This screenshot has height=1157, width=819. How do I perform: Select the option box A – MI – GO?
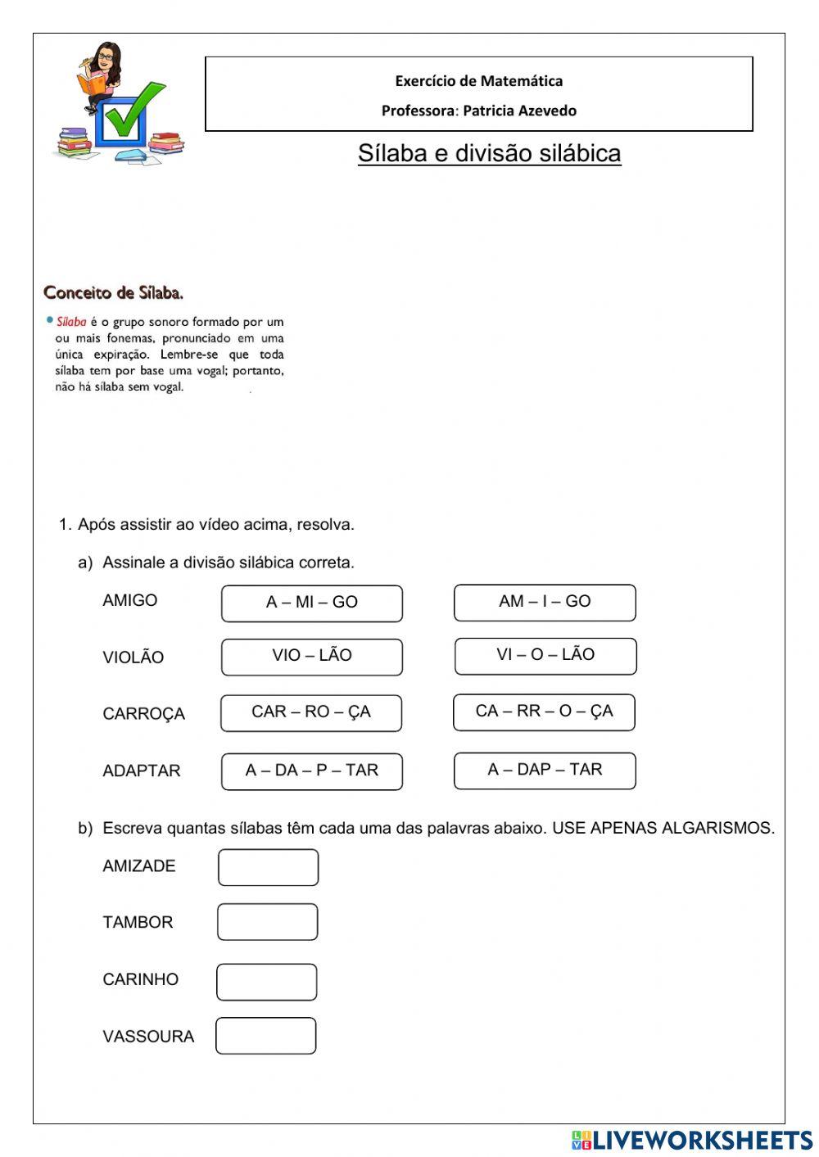point(311,603)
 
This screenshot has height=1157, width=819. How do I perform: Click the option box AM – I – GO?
point(545,602)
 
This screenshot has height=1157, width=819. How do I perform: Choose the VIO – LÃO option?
point(311,657)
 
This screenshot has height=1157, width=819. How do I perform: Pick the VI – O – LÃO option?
point(545,656)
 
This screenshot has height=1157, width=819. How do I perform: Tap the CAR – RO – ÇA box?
point(310,712)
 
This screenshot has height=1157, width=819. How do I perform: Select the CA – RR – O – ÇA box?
point(544,712)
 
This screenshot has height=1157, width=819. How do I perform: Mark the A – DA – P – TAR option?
point(311,771)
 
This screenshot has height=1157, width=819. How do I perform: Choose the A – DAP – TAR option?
point(545,771)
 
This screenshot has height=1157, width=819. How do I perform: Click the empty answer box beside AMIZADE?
point(268,867)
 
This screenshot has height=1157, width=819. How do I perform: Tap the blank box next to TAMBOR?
point(267,922)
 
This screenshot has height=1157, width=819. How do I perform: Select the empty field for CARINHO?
point(266,982)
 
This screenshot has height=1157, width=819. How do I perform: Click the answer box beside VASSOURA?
point(265,1036)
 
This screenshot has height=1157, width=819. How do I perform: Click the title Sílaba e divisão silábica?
point(489,153)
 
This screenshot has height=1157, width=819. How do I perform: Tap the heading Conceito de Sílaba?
point(113,292)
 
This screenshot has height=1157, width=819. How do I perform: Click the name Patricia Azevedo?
point(519,111)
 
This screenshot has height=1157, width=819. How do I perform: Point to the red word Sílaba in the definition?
point(71,322)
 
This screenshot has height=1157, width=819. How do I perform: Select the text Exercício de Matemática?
point(478,81)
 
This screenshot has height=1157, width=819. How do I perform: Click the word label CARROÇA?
point(143,714)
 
